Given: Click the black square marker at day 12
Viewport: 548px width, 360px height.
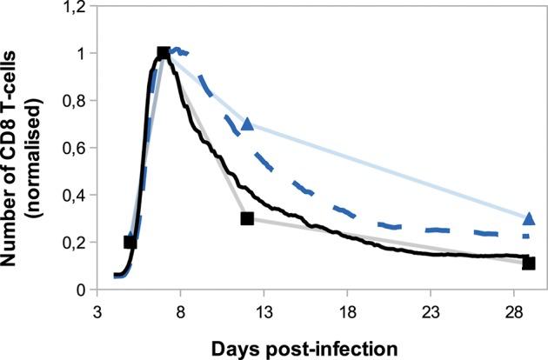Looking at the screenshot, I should pyautogui.click(x=247, y=219).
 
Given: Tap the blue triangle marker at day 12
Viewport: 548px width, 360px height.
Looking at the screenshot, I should pyautogui.click(x=247, y=124).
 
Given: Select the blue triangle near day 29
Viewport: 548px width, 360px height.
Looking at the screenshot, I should pyautogui.click(x=529, y=217).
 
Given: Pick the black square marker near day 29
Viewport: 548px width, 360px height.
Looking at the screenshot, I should pyautogui.click(x=529, y=263).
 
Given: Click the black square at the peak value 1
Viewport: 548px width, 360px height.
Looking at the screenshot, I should pyautogui.click(x=163, y=54).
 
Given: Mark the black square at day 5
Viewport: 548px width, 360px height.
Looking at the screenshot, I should pyautogui.click(x=130, y=242).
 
